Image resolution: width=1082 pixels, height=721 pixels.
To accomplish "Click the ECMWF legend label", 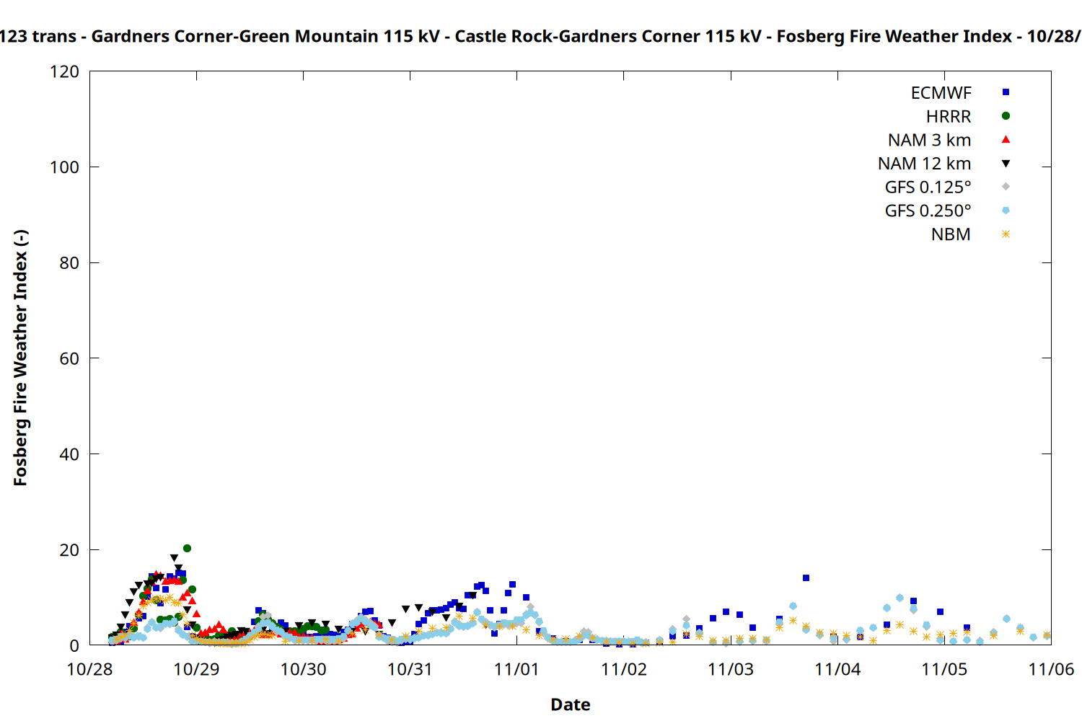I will tap(941, 93).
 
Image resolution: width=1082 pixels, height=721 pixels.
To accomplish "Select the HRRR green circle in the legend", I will tap(1006, 116).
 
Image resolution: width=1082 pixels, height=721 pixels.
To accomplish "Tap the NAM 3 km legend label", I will tap(929, 140).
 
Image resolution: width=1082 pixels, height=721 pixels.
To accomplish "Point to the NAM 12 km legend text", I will tap(924, 164).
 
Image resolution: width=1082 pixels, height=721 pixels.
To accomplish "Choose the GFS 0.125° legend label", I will tap(928, 187).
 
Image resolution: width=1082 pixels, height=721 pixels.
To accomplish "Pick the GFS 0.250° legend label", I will tap(928, 211).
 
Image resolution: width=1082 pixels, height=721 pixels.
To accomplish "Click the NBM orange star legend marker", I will tap(1006, 234).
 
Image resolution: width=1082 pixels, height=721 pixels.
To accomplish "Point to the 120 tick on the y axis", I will tap(65, 72).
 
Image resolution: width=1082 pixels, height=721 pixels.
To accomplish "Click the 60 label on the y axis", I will tap(69, 359).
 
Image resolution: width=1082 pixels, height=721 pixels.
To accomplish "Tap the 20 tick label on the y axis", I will tap(69, 550).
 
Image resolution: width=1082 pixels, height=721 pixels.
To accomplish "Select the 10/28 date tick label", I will tap(89, 670).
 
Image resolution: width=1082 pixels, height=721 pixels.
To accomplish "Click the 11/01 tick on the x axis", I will tap(516, 670).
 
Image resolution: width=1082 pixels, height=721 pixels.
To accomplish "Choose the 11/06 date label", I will tap(1050, 670).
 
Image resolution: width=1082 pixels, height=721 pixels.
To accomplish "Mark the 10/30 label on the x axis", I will tap(303, 670).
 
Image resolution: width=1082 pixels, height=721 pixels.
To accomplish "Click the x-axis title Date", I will tap(570, 704).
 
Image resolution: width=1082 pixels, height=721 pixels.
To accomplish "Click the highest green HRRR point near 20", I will tap(187, 549).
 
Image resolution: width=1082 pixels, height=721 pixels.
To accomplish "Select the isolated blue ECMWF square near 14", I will tap(806, 578).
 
